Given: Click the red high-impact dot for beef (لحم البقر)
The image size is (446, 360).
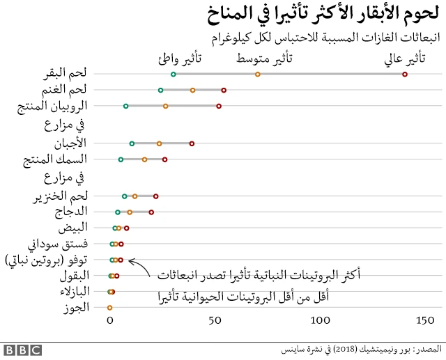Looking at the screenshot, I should [x=405, y=74].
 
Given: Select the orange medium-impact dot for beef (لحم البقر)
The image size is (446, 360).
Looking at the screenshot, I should [x=258, y=74].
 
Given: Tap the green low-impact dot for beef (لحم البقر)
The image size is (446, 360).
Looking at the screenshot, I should [x=173, y=74].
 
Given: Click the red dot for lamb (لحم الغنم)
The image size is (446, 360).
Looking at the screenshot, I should [x=224, y=90].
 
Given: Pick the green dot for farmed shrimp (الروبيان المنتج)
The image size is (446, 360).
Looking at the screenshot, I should [x=125, y=106].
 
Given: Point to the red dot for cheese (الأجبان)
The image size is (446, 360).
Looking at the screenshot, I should [x=192, y=143].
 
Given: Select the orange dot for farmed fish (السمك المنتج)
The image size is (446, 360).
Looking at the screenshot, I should [x=144, y=159].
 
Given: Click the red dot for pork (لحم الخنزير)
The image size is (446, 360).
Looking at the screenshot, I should [x=155, y=196].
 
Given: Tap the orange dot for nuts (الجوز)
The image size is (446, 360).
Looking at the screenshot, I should [x=109, y=307].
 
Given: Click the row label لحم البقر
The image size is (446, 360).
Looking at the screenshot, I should [x=70, y=73].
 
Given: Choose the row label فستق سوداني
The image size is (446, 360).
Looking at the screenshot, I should [x=59, y=244].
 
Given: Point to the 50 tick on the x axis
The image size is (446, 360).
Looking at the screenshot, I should [x=215, y=321].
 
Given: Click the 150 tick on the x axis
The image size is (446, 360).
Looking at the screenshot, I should [x=424, y=321].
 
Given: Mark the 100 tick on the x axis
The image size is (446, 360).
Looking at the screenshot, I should [x=321, y=321].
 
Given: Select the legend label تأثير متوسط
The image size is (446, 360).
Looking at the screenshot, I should [x=264, y=58].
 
